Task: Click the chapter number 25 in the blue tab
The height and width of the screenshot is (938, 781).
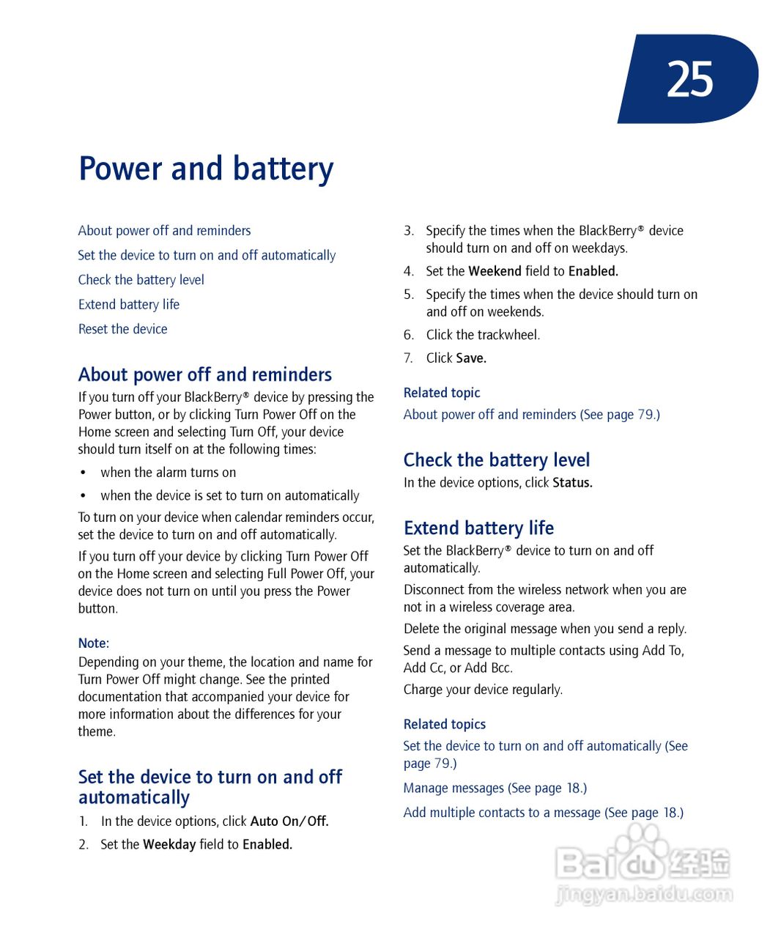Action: tap(689, 79)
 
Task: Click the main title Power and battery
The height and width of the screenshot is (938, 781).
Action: tap(206, 169)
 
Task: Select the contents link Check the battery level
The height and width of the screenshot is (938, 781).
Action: tap(141, 280)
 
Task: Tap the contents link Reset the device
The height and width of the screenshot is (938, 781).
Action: tap(122, 329)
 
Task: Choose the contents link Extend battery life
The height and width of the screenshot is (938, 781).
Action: tap(128, 304)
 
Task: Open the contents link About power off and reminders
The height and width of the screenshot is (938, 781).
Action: tap(164, 231)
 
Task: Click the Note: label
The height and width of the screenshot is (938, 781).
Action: tap(93, 643)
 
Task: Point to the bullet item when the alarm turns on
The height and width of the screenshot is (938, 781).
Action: tap(168, 473)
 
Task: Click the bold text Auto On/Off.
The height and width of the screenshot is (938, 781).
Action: tap(289, 821)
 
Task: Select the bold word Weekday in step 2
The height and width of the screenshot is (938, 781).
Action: tap(169, 844)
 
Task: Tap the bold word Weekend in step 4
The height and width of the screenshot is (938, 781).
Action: tap(495, 271)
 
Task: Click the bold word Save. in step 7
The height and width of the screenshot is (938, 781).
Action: tap(470, 358)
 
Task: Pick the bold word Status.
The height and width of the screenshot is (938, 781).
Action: tap(572, 483)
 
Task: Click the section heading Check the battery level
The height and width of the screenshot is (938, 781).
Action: tap(496, 460)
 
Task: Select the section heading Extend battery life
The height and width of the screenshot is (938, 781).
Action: tap(478, 528)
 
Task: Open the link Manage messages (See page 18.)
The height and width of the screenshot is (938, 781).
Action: tap(495, 789)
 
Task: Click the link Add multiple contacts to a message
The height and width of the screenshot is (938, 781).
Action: tap(502, 813)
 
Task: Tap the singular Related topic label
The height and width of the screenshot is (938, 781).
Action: tap(441, 393)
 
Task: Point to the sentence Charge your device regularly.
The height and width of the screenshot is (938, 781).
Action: tap(483, 690)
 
